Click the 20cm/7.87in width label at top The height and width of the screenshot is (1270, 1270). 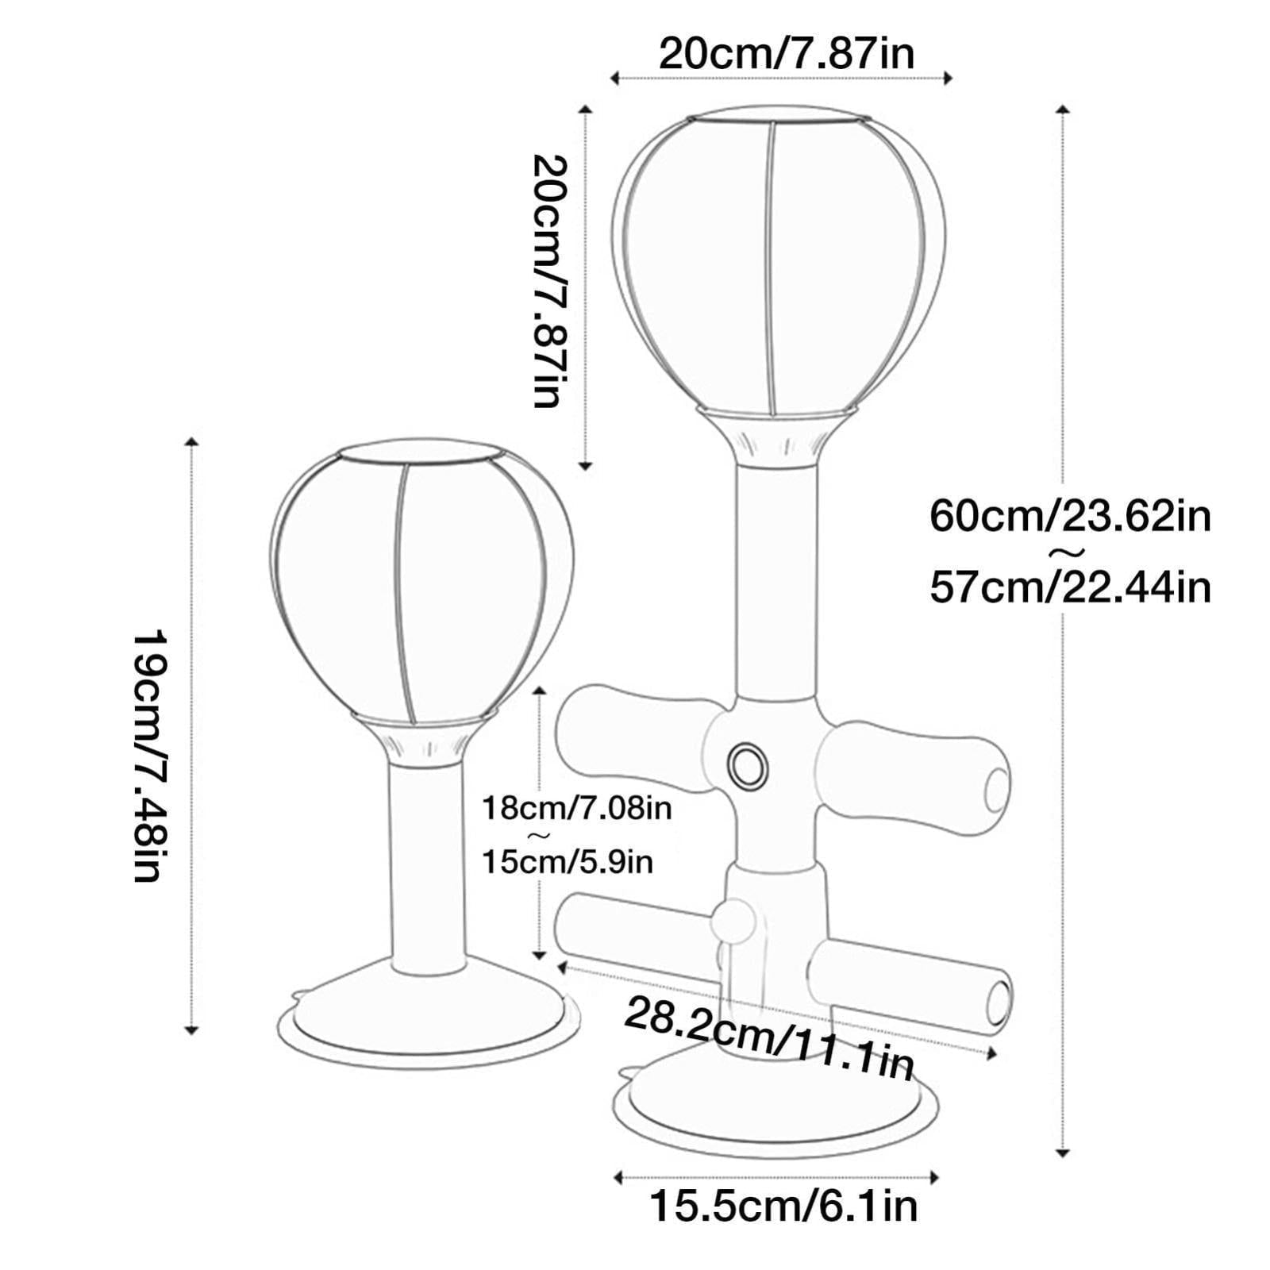787,54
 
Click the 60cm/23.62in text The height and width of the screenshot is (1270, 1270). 1070,517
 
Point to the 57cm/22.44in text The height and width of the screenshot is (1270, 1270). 1070,587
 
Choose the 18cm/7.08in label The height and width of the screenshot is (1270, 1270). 577,808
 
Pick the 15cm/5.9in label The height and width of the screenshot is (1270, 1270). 568,861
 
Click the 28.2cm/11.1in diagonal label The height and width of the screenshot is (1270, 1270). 768,1037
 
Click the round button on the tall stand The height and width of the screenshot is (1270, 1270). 748,766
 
